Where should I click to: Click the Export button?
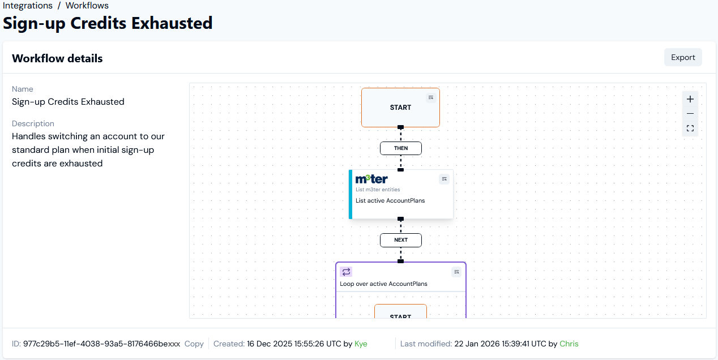(683, 57)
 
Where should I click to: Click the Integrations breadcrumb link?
(28, 6)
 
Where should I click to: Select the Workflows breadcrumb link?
(87, 6)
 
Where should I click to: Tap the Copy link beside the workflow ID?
(194, 344)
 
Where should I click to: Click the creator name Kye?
(361, 344)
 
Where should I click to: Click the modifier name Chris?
(569, 344)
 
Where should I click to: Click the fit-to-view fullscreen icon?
(690, 128)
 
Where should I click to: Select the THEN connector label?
(401, 148)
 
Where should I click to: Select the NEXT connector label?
(401, 240)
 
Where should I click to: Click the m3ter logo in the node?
(371, 179)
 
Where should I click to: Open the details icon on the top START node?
(431, 98)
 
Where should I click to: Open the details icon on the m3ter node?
(444, 179)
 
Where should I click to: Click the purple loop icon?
(346, 272)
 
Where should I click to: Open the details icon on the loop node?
(456, 272)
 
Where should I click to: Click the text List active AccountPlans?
(390, 200)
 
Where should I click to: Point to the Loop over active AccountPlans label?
(383, 284)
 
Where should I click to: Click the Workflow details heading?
(57, 58)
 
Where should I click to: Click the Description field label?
(33, 123)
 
